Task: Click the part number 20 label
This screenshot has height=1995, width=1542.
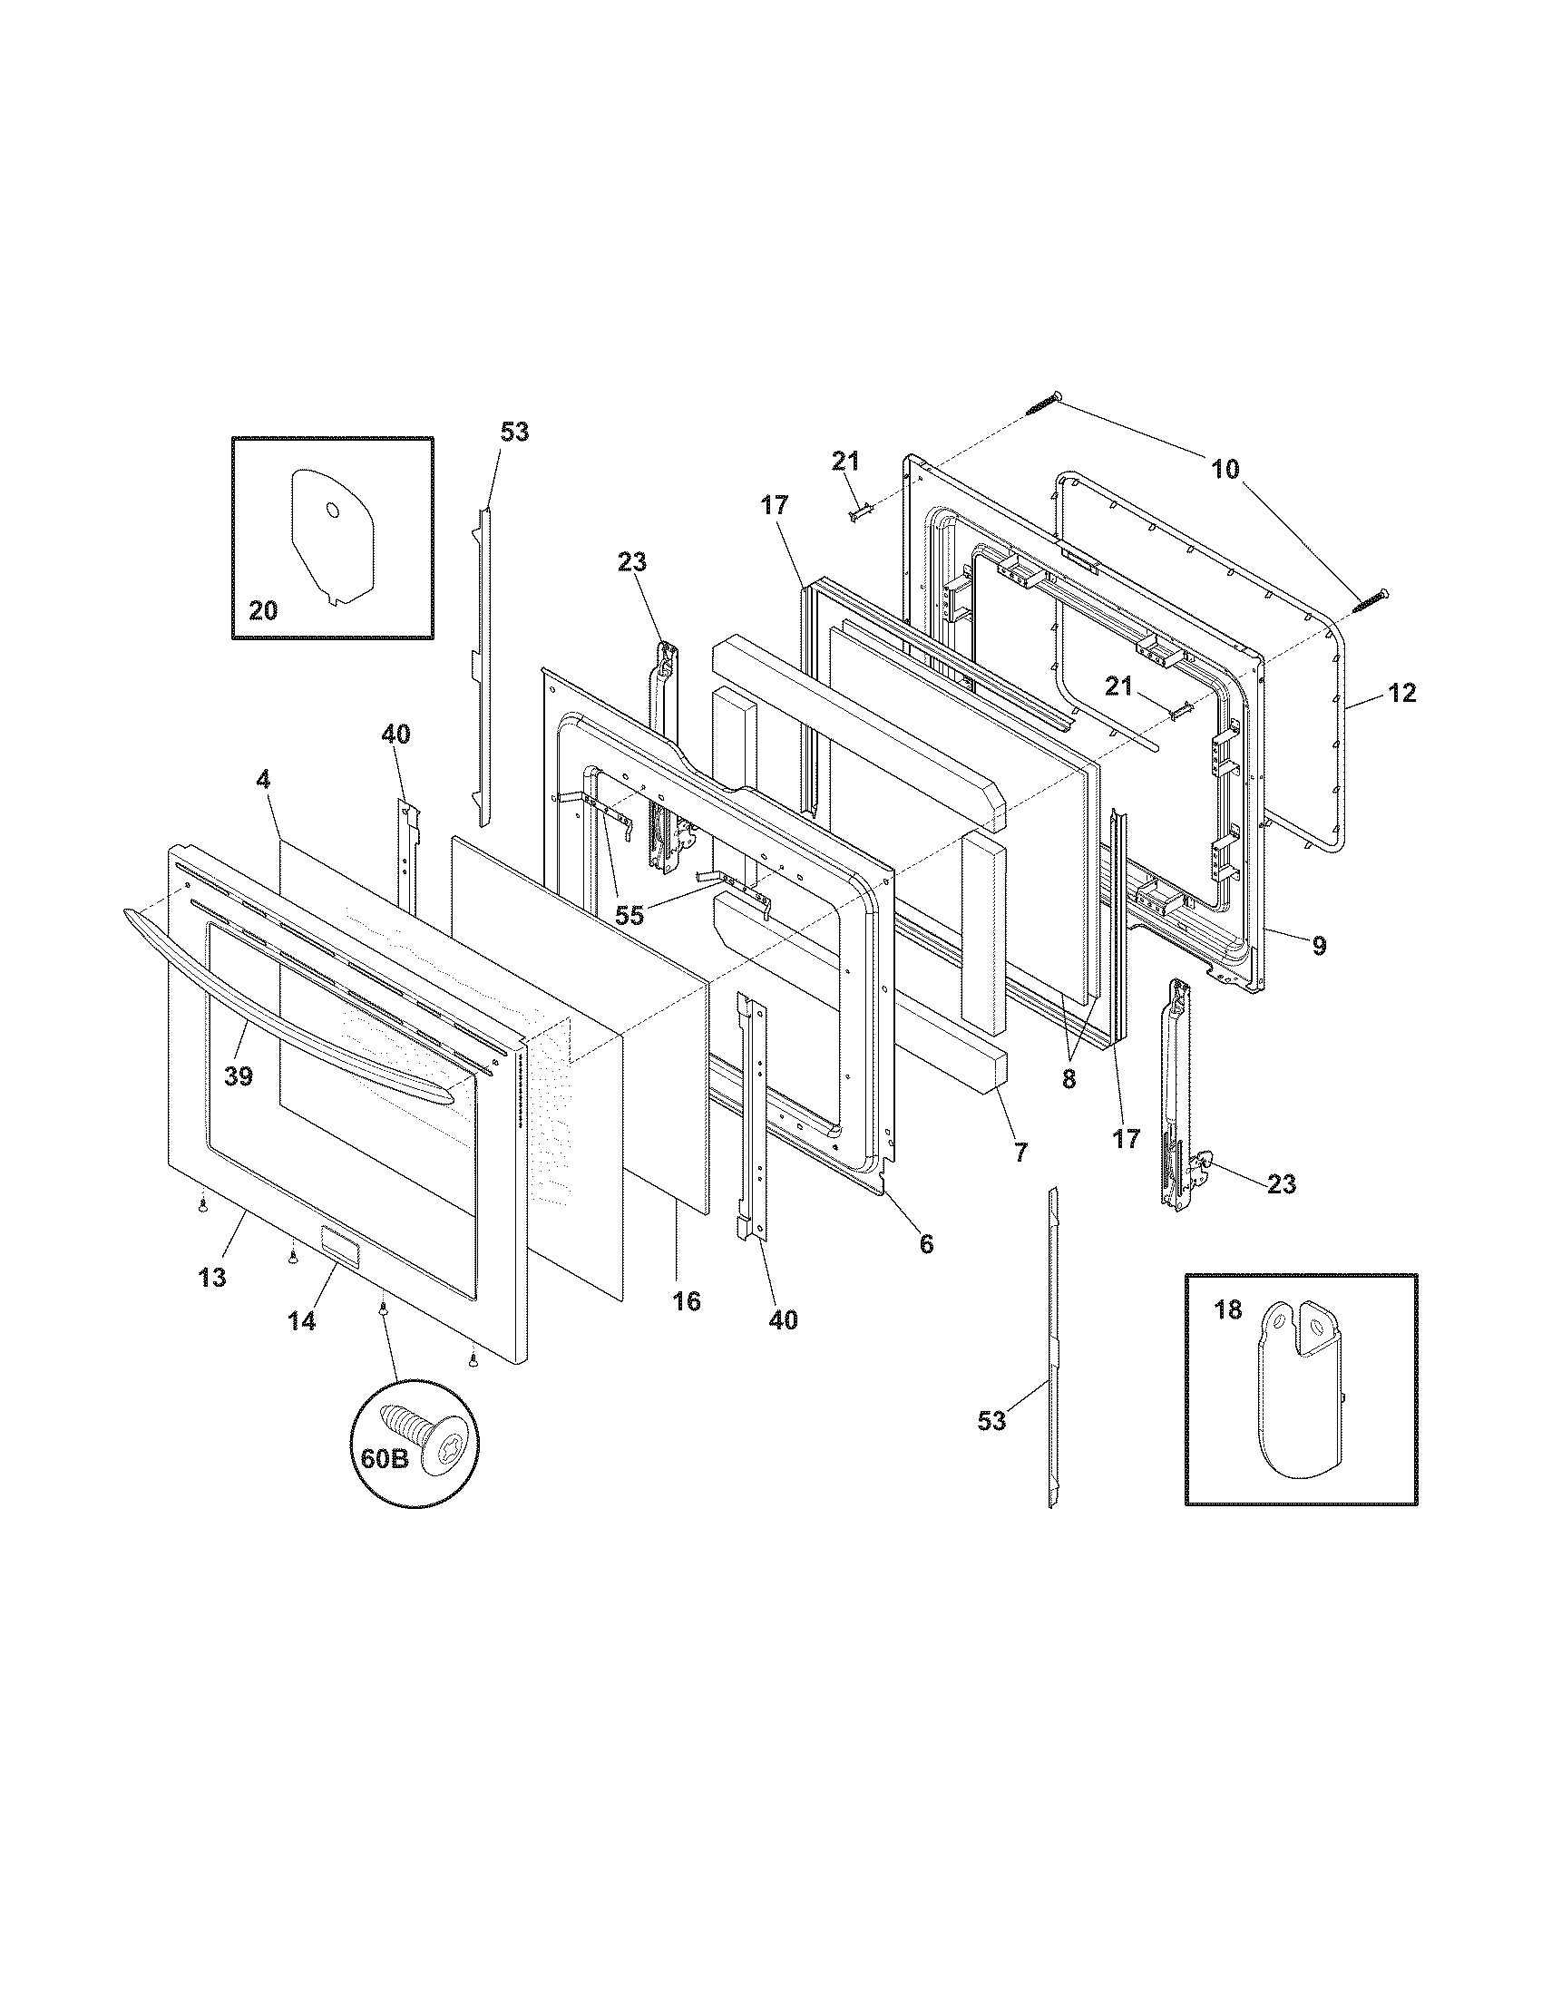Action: click(x=263, y=609)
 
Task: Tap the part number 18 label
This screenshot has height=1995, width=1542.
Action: click(x=1228, y=1310)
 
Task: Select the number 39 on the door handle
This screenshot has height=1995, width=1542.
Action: click(x=239, y=1077)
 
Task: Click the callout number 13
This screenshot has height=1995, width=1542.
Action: click(x=212, y=1278)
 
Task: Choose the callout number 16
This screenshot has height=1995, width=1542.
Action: click(x=686, y=1300)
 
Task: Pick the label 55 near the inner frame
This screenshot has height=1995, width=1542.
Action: click(x=629, y=915)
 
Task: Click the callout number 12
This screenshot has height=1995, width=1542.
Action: click(x=1402, y=694)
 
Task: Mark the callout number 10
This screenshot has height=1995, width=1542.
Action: click(x=1226, y=470)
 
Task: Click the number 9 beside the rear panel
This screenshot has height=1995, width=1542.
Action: click(x=1318, y=947)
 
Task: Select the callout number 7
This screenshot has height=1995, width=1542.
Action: click(x=1020, y=1152)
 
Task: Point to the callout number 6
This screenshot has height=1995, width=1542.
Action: click(x=926, y=1243)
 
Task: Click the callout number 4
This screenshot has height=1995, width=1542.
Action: click(x=263, y=779)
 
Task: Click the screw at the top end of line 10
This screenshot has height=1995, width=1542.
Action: click(x=1045, y=402)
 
